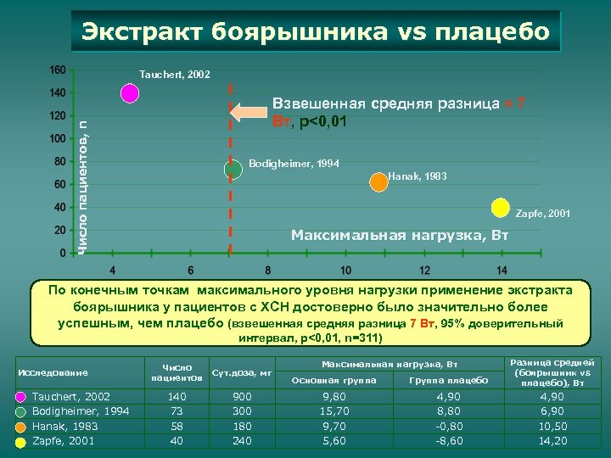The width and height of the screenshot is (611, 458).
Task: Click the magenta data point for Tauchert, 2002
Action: pyautogui.click(x=129, y=93)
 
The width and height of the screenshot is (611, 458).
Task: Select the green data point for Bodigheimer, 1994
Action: pyautogui.click(x=231, y=170)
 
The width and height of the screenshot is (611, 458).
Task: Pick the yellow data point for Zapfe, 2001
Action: pyautogui.click(x=502, y=207)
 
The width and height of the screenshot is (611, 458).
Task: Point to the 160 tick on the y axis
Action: pyautogui.click(x=57, y=70)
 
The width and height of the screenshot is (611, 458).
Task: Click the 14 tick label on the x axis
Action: pyautogui.click(x=502, y=270)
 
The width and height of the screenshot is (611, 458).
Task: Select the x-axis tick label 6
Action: pyautogui.click(x=190, y=270)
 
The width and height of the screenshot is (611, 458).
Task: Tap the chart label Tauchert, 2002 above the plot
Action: pyautogui.click(x=175, y=75)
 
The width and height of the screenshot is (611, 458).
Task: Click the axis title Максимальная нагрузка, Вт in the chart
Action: pyautogui.click(x=399, y=234)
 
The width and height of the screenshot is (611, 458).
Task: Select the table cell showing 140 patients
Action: pyautogui.click(x=177, y=396)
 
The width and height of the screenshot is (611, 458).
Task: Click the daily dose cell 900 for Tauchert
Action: pyautogui.click(x=242, y=396)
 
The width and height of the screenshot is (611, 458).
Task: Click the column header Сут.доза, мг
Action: pyautogui.click(x=242, y=371)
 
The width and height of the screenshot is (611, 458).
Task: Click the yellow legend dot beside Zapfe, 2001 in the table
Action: pyautogui.click(x=20, y=441)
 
